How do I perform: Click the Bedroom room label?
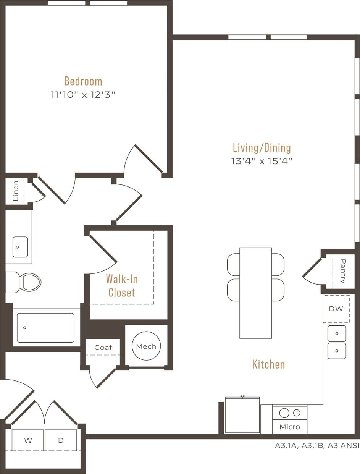coord(83,81)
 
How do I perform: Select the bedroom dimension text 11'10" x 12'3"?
coord(83,95)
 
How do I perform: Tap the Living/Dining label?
coord(262,147)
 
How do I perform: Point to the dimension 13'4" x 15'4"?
coord(262,161)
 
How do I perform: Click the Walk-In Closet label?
coord(122,286)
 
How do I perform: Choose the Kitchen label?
coord(268,364)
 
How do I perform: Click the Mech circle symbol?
coord(146,346)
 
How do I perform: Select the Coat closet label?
coord(103,348)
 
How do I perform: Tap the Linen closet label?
coord(16,191)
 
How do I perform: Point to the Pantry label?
coord(343,271)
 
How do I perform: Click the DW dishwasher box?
coord(336,309)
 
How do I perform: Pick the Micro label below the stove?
coord(289,427)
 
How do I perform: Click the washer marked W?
coord(28,440)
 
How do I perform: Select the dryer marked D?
coord(61,440)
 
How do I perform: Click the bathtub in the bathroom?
coord(46,328)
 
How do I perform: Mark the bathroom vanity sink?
coord(20,247)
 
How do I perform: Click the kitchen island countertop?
coord(255,293)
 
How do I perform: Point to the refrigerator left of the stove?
coord(242,415)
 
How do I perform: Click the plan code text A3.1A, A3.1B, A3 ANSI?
coord(317,445)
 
